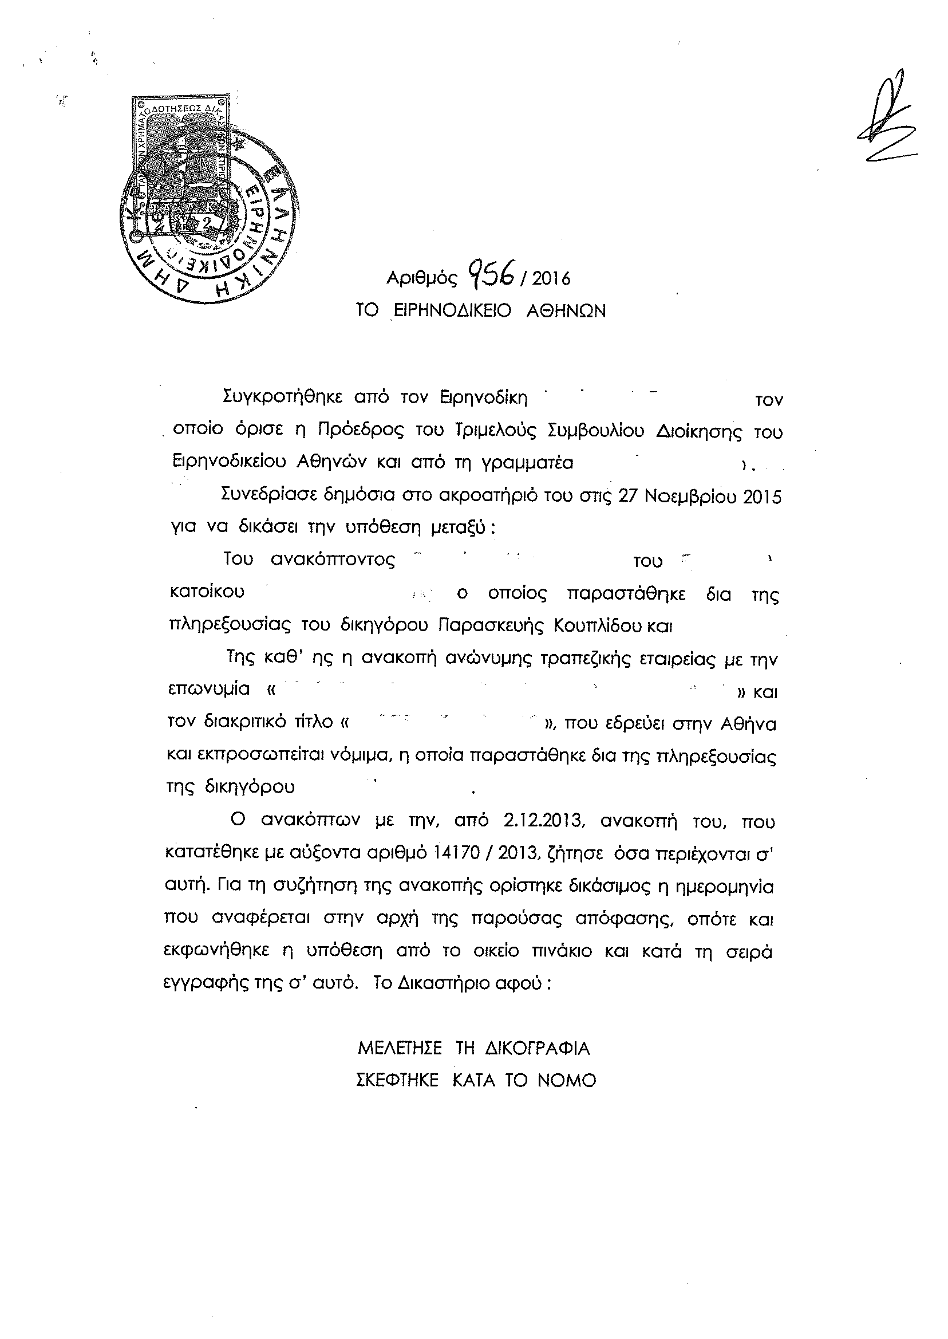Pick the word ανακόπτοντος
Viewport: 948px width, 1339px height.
[x=333, y=560]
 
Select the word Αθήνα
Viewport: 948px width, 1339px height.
[x=748, y=724]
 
